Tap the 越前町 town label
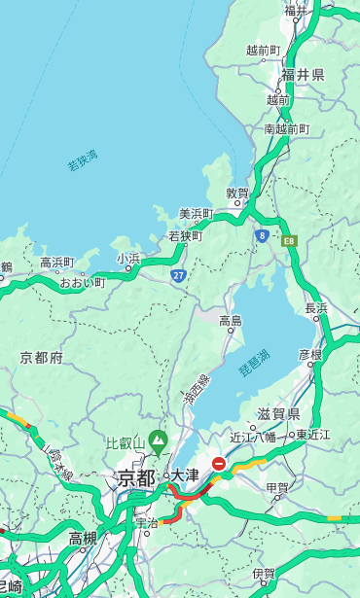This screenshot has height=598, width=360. tap(263, 51)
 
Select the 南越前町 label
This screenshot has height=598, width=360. tap(286, 128)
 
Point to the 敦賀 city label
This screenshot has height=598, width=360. tap(237, 193)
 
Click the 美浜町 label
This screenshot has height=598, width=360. tap(196, 214)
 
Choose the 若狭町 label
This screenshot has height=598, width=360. tap(185, 235)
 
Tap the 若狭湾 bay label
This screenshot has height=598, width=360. tap(83, 160)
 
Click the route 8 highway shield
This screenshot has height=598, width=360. tap(262, 235)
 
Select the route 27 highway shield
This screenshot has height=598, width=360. tap(179, 275)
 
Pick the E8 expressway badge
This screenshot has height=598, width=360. tap(289, 239)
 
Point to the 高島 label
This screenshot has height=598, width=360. tap(231, 321)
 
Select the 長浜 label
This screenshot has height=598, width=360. tap(316, 308)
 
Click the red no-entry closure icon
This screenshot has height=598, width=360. tap(219, 465)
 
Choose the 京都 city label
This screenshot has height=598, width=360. tap(136, 477)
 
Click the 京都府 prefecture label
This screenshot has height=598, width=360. tap(42, 358)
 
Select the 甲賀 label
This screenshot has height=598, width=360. tap(277, 488)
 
